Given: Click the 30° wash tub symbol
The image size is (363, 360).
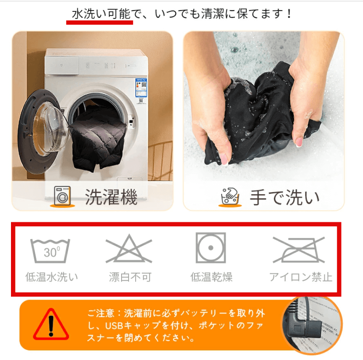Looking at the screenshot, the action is click(x=50, y=251).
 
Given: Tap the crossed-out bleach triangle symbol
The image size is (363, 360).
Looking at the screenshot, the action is click(x=129, y=249).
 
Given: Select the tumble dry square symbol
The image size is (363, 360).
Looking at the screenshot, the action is click(x=211, y=248).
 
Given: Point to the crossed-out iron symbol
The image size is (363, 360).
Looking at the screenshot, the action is click(x=299, y=250).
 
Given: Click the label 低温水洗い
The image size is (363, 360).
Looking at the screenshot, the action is click(x=51, y=277).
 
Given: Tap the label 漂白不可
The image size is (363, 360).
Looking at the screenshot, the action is click(x=130, y=277).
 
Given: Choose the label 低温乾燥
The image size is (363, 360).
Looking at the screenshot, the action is click(x=212, y=277).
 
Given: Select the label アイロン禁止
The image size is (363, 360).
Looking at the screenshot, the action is click(x=301, y=277).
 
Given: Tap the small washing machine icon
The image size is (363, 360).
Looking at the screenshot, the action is click(x=62, y=196).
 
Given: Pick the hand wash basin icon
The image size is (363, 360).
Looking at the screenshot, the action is click(x=230, y=196).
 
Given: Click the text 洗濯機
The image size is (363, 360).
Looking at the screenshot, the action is click(x=111, y=197).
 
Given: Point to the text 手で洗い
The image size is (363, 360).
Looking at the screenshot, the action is click(x=285, y=197).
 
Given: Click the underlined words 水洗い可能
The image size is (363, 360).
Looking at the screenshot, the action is click(x=101, y=14).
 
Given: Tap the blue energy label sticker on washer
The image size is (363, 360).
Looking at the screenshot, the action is click(x=141, y=88).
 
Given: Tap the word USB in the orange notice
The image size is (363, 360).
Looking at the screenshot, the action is click(x=114, y=326).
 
